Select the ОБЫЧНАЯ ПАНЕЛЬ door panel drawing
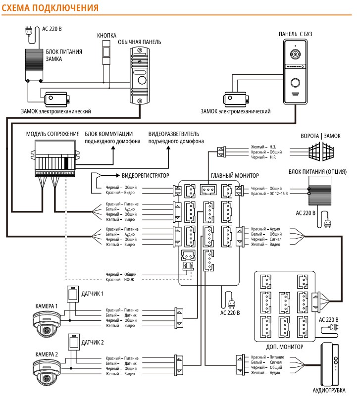point(140,75)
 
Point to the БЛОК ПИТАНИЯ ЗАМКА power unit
point(35,64)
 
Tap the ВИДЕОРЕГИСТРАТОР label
point(145,175)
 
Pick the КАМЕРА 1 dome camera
point(45,325)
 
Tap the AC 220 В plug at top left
point(28,31)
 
